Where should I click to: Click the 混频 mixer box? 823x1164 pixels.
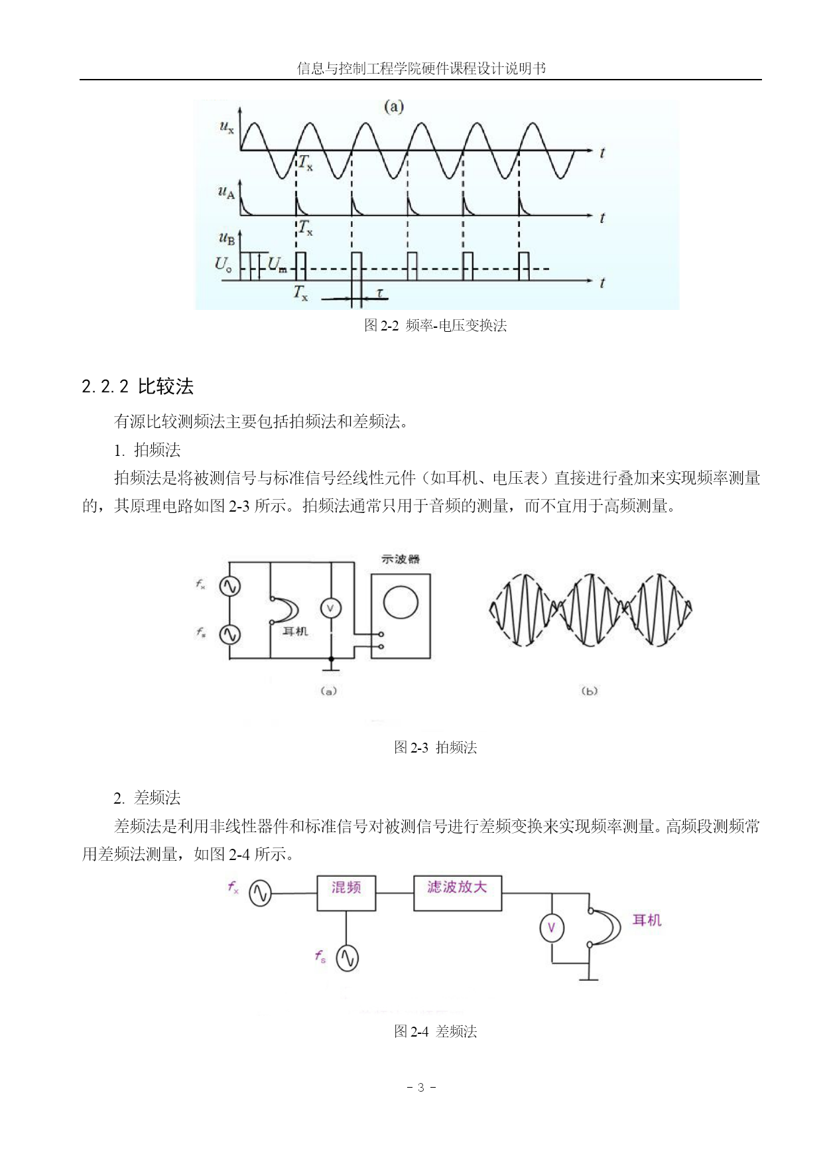[x=346, y=893]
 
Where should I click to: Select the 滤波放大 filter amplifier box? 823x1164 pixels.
[x=458, y=893]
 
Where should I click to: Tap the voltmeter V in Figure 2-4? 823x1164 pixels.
[x=551, y=928]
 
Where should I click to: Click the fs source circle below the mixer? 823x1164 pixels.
[x=347, y=958]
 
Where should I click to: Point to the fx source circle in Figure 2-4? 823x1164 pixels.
[x=260, y=894]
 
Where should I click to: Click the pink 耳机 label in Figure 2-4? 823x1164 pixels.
[x=647, y=920]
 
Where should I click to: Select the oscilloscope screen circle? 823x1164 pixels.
[x=401, y=603]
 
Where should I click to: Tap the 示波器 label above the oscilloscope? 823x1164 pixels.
[x=401, y=559]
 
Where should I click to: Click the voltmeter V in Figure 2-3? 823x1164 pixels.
[x=330, y=608]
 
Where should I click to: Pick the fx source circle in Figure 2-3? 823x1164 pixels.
[x=229, y=587]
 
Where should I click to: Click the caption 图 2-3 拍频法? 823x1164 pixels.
[x=436, y=747]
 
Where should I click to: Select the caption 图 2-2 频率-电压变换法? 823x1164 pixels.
[x=436, y=325]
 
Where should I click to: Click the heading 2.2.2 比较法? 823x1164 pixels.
[x=138, y=386]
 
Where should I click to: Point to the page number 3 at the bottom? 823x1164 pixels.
[x=420, y=1088]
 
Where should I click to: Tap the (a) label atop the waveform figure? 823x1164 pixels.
[x=394, y=107]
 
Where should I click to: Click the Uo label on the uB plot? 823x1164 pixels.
[x=223, y=264]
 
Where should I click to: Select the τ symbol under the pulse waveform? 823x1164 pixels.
[x=379, y=293]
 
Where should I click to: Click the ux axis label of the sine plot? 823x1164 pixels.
[x=226, y=126]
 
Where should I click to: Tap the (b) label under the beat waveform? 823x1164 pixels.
[x=589, y=691]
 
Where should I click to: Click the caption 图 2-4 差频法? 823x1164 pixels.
[x=436, y=1031]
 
